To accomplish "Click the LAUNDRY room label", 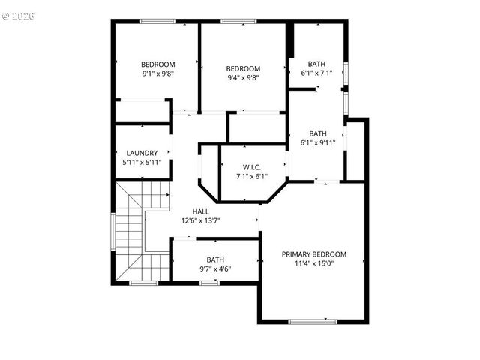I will tap(142, 153).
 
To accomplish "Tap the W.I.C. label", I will tap(250, 166).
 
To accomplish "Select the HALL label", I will tap(201, 211).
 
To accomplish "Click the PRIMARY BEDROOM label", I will tap(314, 254).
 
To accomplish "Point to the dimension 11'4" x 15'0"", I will tap(314, 263).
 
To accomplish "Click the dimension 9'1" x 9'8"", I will tap(158, 73).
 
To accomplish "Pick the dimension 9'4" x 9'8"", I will tap(244, 77).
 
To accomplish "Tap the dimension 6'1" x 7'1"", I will tap(316, 73).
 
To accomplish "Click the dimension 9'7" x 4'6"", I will tap(215, 268).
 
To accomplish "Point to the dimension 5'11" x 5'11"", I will tap(142, 162).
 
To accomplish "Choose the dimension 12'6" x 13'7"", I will tap(201, 220).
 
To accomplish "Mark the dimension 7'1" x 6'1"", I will tap(250, 176).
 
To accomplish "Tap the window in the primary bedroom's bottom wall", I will tap(313, 321).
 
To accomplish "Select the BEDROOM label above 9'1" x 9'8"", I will tap(158, 64).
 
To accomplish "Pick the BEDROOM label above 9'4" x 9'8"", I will tap(244, 68).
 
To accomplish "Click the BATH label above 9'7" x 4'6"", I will tap(215, 259).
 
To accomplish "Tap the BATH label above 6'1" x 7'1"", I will tap(316, 64).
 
